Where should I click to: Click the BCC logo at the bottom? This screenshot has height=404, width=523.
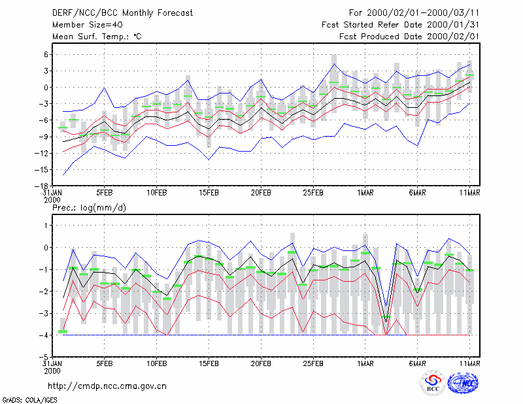433,384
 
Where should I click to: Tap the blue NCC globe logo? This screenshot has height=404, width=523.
463,383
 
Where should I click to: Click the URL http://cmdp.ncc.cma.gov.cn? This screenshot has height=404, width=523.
107,386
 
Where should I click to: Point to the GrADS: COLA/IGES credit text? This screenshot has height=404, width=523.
29,400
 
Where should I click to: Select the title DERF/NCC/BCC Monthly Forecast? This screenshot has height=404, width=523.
122,13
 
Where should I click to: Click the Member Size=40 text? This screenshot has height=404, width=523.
88,25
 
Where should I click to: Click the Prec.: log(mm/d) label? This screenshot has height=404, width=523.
89,208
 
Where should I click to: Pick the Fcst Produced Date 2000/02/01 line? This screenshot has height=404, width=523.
409,37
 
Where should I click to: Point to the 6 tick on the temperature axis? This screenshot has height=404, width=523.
46,54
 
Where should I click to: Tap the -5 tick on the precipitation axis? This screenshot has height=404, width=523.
44,357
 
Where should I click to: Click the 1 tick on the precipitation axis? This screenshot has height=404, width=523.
46,226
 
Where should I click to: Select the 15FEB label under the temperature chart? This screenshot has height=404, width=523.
209,193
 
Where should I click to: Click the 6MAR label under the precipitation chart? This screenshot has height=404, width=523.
417,363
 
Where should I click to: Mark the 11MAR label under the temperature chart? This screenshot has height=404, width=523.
469,193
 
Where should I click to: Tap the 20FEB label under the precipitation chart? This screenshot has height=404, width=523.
261,363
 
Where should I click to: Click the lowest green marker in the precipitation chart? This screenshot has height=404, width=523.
63,331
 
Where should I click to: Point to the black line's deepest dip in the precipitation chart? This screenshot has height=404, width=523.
386,322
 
